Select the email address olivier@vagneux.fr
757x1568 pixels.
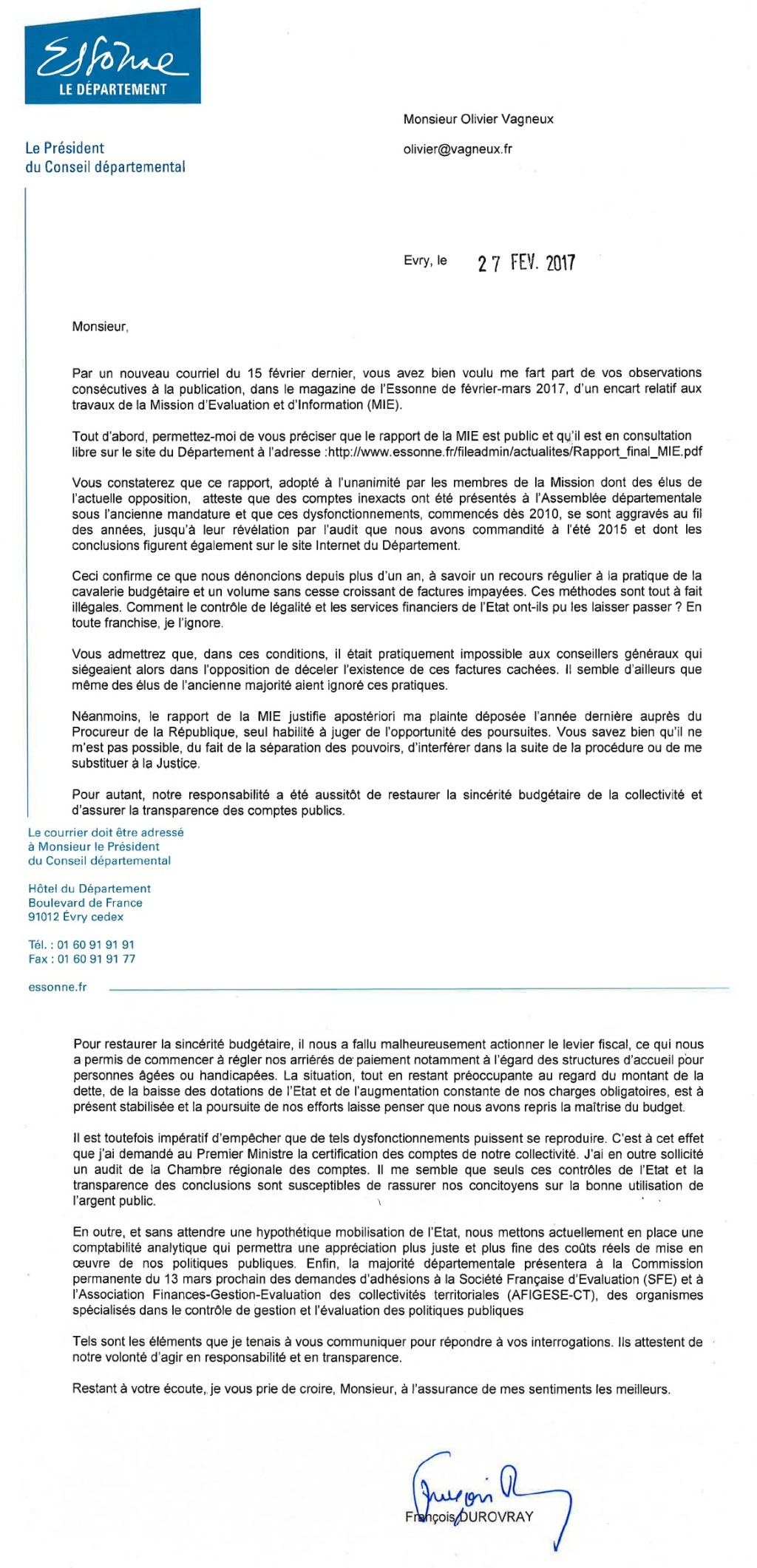(x=457, y=149)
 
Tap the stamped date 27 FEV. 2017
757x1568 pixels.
(x=526, y=263)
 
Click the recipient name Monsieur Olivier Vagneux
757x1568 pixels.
(x=478, y=119)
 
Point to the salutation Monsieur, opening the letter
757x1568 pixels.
(x=100, y=326)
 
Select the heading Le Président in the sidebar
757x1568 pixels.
(x=64, y=148)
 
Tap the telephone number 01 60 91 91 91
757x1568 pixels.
(x=95, y=944)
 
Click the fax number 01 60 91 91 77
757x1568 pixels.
(x=96, y=959)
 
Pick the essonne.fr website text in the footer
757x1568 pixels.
(x=57, y=987)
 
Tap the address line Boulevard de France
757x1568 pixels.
(x=85, y=903)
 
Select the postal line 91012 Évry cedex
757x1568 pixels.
(x=75, y=917)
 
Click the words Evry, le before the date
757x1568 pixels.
(x=425, y=260)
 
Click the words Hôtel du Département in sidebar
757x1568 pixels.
(x=89, y=889)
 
